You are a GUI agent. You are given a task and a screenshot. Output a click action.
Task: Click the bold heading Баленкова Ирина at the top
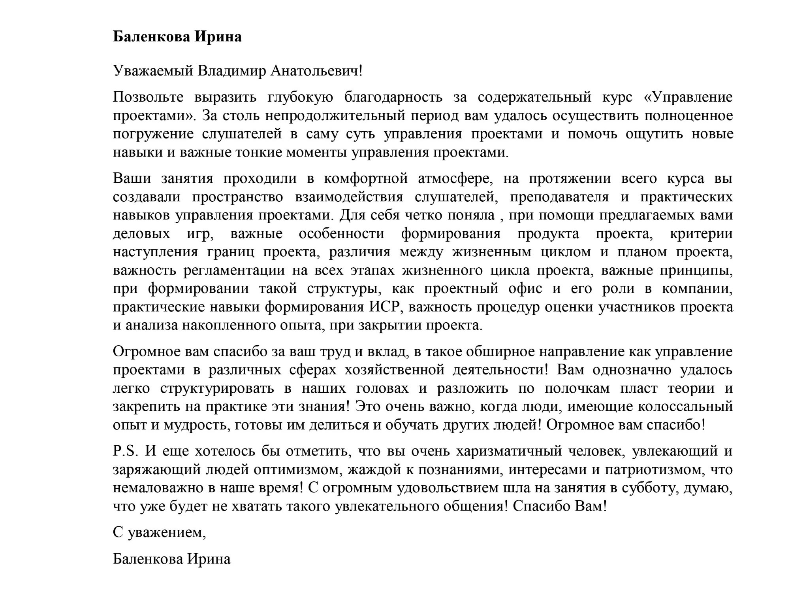click(177, 37)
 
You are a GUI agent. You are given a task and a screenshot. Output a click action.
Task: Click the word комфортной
click(366, 179)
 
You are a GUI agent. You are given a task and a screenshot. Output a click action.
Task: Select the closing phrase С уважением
click(159, 533)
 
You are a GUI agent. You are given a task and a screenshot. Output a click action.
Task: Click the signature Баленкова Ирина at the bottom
click(171, 559)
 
